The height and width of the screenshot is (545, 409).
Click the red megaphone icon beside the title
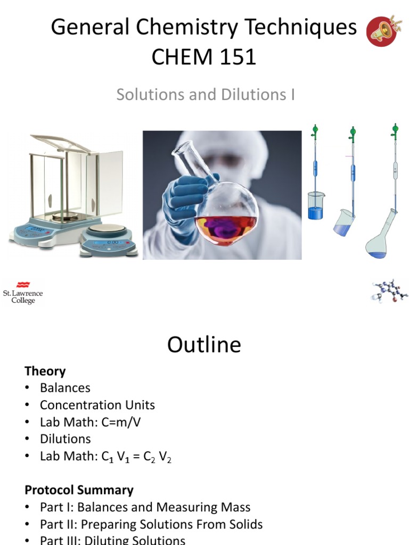pos(384,31)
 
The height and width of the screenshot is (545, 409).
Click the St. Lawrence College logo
pos(23,292)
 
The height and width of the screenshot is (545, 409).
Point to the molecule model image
pos(389,291)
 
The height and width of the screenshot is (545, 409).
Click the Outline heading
pos(204,345)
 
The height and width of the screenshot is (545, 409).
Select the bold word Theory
pos(45,371)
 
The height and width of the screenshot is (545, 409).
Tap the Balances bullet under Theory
pos(65,388)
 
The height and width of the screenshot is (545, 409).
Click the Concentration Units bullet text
pos(97,405)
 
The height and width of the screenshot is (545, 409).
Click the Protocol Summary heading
pos(79,490)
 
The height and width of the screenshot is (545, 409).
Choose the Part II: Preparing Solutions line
pos(151,524)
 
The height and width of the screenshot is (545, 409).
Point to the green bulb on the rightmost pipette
pos(395,128)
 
